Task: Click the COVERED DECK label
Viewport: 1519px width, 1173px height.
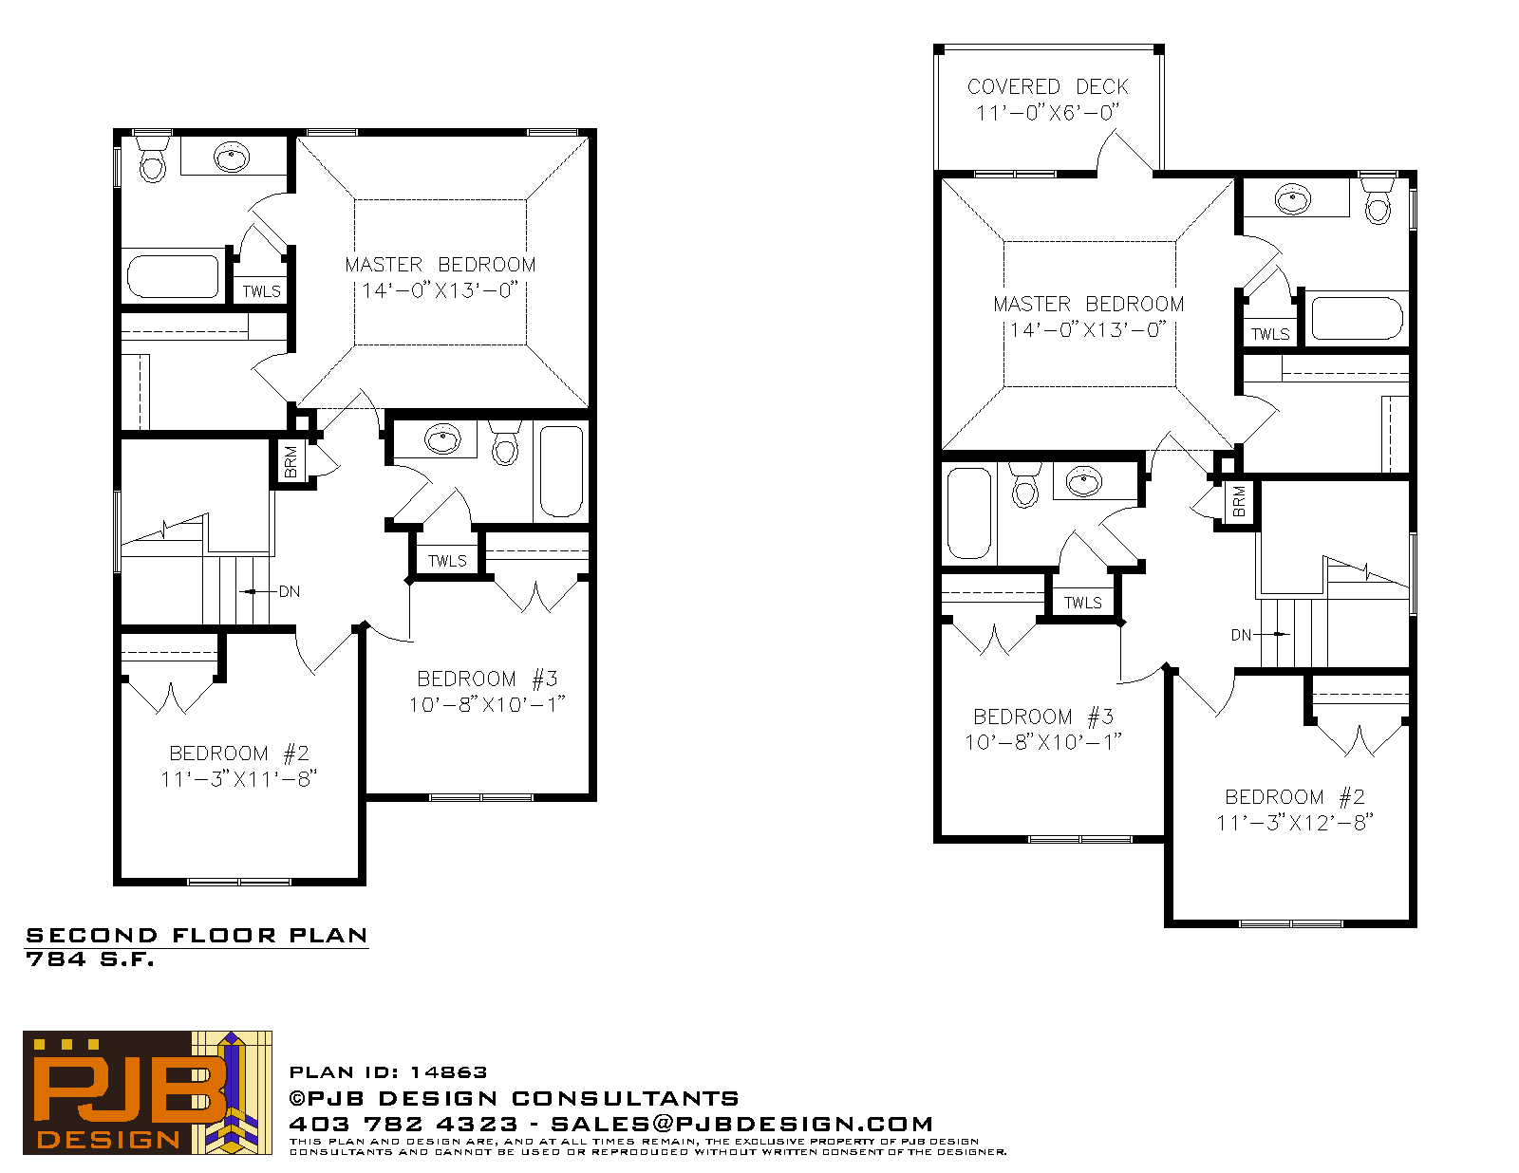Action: (1047, 86)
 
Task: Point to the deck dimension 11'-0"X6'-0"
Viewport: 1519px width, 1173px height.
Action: (1047, 113)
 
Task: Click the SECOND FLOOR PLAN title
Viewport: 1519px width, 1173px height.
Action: (197, 935)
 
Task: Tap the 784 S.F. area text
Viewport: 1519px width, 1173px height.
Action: (89, 959)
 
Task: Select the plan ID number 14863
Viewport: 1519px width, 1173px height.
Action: (448, 1071)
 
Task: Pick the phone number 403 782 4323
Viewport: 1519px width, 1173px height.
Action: (403, 1124)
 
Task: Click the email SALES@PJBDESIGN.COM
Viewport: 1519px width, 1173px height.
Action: (741, 1124)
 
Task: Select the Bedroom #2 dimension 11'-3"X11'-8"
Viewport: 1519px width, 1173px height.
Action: (238, 778)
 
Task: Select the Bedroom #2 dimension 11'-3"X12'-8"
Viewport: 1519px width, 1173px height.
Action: (1295, 822)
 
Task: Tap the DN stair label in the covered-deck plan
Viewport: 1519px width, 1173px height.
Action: (1241, 635)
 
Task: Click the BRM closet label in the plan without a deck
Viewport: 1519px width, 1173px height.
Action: (291, 462)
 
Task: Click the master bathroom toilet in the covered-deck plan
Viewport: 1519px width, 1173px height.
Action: (1378, 201)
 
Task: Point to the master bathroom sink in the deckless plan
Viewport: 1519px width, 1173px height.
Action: (232, 157)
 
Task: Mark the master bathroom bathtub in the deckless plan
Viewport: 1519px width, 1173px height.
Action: (173, 277)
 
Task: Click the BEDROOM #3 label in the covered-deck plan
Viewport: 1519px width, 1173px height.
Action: (1043, 717)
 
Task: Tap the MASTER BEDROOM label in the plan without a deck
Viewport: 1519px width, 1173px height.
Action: (441, 265)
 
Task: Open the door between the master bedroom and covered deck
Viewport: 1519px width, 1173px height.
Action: (1124, 155)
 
